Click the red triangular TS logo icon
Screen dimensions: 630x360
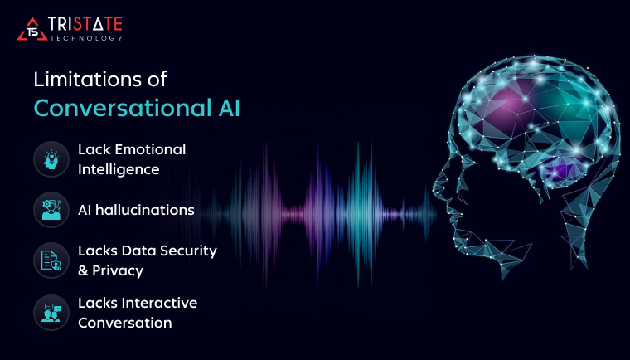[x=32, y=29]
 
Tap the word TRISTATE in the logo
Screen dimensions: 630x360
[x=85, y=24]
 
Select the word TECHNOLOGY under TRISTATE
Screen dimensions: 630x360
[x=86, y=38]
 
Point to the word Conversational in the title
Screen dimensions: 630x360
[x=123, y=108]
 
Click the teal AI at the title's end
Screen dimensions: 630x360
[x=229, y=108]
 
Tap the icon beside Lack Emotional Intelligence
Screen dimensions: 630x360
[x=51, y=159]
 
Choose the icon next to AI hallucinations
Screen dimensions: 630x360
[x=51, y=210]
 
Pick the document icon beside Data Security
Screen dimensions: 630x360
[x=51, y=260]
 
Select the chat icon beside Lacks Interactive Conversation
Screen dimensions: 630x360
[x=51, y=313]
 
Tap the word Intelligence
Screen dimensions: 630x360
[x=119, y=169]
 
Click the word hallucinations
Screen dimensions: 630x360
[x=145, y=210]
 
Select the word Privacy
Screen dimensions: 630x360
[x=118, y=270]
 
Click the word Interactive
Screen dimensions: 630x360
[x=159, y=303]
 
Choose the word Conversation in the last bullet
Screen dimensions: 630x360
[x=125, y=323]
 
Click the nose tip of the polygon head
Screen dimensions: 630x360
[x=434, y=188]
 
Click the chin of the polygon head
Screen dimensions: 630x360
[x=458, y=238]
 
